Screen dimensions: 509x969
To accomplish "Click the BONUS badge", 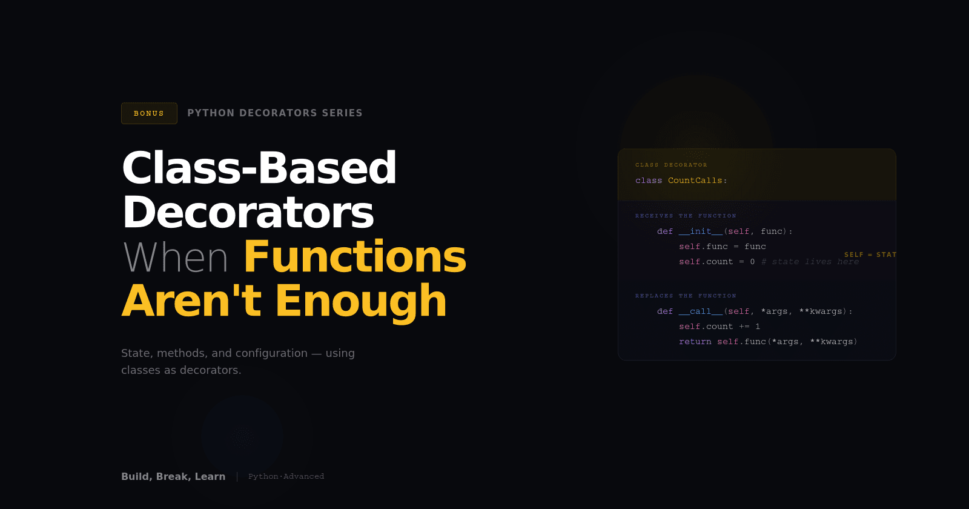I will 149,113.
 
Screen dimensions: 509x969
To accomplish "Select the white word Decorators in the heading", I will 248,213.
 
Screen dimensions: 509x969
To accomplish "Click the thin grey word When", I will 176,258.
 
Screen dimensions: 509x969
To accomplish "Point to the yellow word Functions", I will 356,257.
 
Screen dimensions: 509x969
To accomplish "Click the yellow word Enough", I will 361,301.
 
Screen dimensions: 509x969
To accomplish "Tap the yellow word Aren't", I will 191,301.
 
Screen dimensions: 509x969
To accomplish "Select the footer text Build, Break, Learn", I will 173,476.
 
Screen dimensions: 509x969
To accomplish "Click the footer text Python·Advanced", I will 286,476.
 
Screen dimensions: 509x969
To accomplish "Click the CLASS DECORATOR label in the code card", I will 671,165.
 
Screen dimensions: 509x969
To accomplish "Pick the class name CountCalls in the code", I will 695,181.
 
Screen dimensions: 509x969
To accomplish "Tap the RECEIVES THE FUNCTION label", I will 686,216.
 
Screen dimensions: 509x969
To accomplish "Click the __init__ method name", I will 701,231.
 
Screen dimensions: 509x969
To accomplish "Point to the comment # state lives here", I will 810,262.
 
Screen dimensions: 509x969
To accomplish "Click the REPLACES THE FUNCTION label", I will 686,296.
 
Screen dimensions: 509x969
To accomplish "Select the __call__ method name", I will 701,311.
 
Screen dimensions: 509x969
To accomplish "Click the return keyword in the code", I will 695,342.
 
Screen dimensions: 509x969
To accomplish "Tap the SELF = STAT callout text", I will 870,254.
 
